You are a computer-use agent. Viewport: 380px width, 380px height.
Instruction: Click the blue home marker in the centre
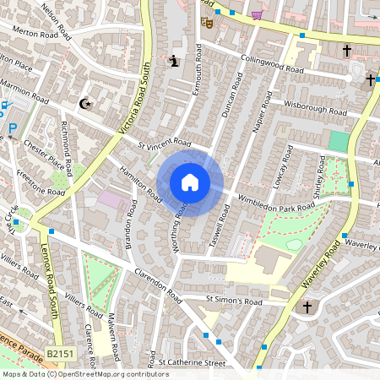coord(190,182)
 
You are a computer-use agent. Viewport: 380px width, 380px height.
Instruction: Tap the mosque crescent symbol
coord(84,104)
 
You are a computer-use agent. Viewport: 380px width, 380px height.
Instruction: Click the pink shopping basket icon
coord(257,14)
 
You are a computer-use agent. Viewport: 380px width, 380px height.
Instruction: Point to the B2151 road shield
coord(61,355)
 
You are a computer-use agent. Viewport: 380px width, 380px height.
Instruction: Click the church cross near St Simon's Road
coord(307,307)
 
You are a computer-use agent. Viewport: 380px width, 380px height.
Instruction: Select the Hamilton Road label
coord(140,181)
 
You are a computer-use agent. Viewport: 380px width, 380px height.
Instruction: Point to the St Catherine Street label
coord(193,363)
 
